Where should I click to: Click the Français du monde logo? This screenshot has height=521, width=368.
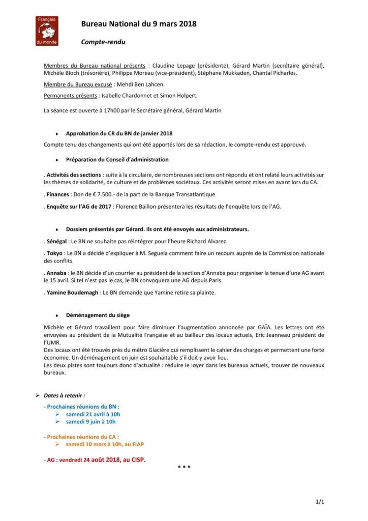pos(47,31)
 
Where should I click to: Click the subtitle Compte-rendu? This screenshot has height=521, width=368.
pos(103,42)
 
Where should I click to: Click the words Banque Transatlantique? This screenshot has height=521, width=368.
pos(175,194)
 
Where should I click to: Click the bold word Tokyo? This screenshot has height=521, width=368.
pos(55,253)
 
